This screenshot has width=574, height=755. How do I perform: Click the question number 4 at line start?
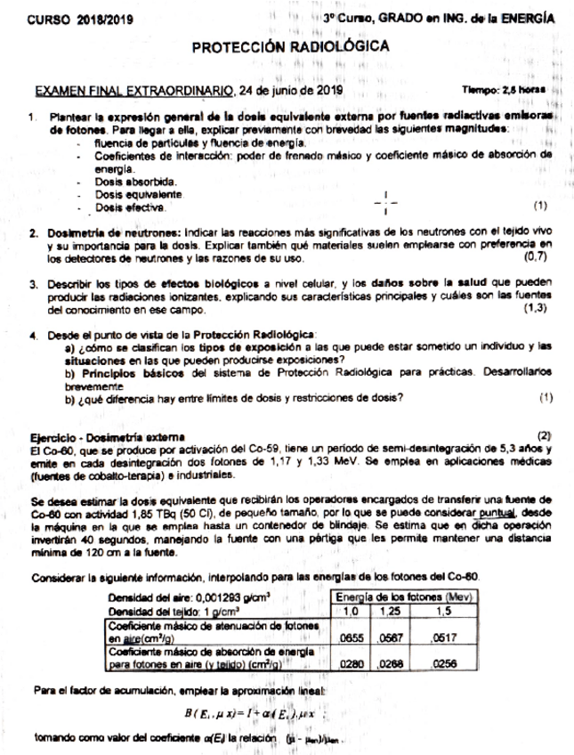[x=32, y=336]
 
